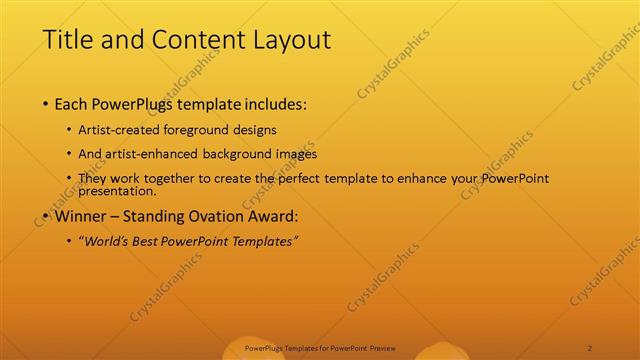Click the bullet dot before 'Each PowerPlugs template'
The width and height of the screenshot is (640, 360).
coord(46,104)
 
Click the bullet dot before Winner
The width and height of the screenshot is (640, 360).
coord(46,215)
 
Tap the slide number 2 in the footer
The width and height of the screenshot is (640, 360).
coord(590,347)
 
